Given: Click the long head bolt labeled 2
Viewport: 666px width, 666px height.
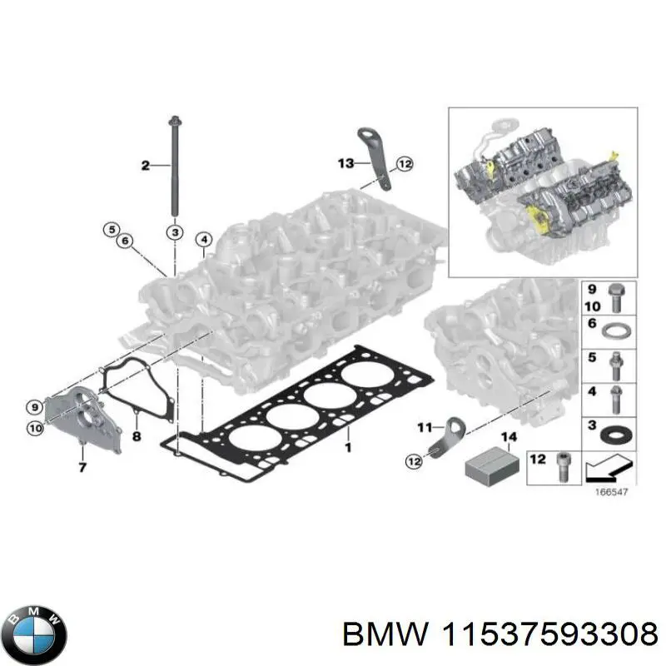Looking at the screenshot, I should click(x=175, y=166).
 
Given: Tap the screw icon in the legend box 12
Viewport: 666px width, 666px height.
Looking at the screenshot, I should click(x=559, y=469).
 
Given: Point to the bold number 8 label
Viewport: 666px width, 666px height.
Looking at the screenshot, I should click(x=137, y=435).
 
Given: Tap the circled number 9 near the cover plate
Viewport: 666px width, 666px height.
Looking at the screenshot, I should click(x=34, y=407).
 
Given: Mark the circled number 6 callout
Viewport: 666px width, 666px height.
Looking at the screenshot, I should click(x=126, y=241).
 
